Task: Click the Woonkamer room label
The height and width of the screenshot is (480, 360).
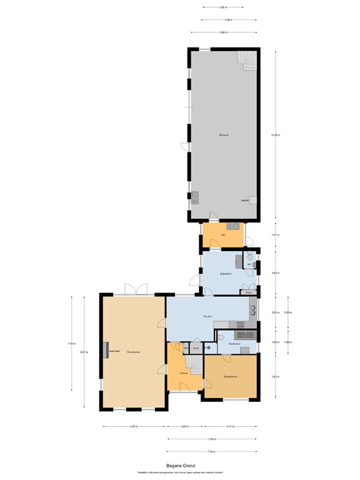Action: pyautogui.click(x=133, y=352)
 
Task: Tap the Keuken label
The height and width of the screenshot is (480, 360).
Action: pyautogui.click(x=208, y=316)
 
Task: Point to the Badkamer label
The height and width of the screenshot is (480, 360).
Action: pyautogui.click(x=235, y=344)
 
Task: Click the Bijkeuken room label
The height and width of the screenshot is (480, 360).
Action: pyautogui.click(x=226, y=274)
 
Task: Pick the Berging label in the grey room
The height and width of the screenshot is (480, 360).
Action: pyautogui.click(x=222, y=135)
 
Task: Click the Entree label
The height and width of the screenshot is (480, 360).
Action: pyautogui.click(x=184, y=372)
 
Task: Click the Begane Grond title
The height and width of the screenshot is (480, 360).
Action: pyautogui.click(x=180, y=465)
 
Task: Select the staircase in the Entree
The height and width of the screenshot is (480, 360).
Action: pyautogui.click(x=194, y=364)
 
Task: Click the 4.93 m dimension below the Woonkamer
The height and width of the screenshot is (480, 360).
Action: pyautogui.click(x=134, y=427)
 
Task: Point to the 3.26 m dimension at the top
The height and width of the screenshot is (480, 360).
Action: pyautogui.click(x=222, y=7)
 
